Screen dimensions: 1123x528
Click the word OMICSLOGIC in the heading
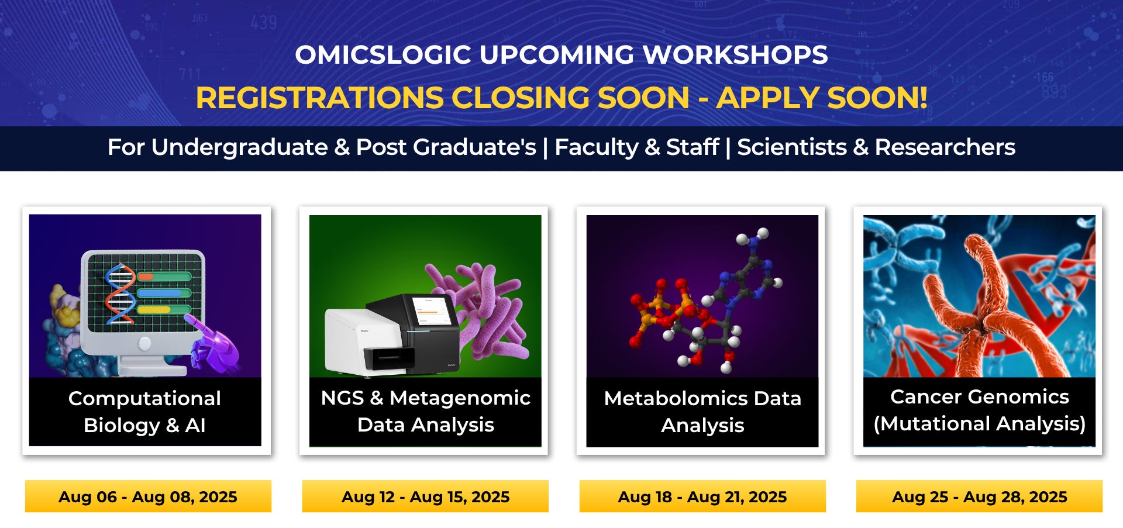(383, 55)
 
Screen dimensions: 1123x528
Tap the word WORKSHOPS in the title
(735, 55)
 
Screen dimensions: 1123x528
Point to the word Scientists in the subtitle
(792, 147)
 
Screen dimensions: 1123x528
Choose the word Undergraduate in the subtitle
(240, 147)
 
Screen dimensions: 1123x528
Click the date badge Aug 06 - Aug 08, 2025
(148, 496)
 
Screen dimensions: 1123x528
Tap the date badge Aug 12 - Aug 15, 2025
(425, 496)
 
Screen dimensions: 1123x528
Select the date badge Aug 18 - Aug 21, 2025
(702, 496)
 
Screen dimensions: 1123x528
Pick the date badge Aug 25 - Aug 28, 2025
(980, 496)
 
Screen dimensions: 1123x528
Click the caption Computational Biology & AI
(144, 412)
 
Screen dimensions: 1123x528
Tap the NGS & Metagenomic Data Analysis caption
(426, 411)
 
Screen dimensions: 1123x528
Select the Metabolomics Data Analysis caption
(702, 412)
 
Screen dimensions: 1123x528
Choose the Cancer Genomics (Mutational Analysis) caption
(980, 410)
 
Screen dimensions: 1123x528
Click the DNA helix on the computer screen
(120, 294)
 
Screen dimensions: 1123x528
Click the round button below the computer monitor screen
(144, 343)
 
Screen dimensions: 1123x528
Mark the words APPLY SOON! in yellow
(822, 98)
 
